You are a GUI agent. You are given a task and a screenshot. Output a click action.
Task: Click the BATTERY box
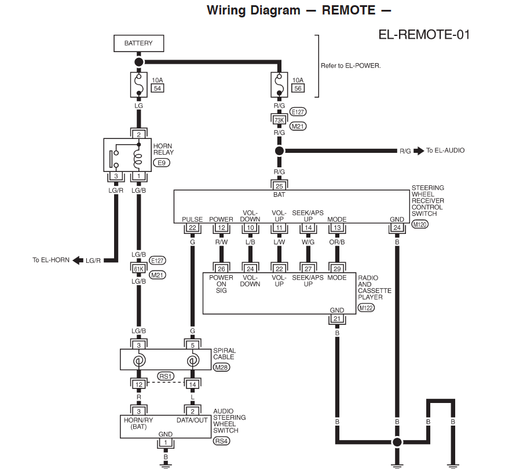point(138,43)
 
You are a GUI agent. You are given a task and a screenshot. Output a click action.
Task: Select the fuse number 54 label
point(157,88)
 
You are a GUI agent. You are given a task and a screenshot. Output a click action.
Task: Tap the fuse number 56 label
point(298,88)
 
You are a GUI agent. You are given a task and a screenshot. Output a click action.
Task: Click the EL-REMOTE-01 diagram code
point(424,34)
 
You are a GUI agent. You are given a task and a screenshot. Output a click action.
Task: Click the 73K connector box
point(279,119)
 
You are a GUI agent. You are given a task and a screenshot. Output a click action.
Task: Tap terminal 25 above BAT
point(279,186)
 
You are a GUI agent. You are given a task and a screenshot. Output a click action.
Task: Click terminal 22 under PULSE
point(192,228)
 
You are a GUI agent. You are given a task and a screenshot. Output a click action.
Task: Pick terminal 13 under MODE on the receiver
point(337,228)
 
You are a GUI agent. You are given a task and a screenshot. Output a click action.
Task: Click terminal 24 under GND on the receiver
point(397,228)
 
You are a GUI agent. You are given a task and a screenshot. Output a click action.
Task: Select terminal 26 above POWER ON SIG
point(221,268)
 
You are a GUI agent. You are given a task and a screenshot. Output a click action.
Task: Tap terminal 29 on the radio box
point(337,268)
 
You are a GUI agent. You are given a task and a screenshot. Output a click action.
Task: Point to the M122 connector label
point(366,307)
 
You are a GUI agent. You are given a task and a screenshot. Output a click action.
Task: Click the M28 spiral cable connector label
point(221,367)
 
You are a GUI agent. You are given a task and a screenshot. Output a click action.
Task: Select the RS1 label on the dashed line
point(165,376)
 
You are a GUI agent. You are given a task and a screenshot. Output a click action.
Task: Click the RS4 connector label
point(221,441)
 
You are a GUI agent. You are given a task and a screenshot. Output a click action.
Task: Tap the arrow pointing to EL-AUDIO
point(420,151)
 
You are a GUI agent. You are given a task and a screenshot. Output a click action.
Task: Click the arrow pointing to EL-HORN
point(76,260)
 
